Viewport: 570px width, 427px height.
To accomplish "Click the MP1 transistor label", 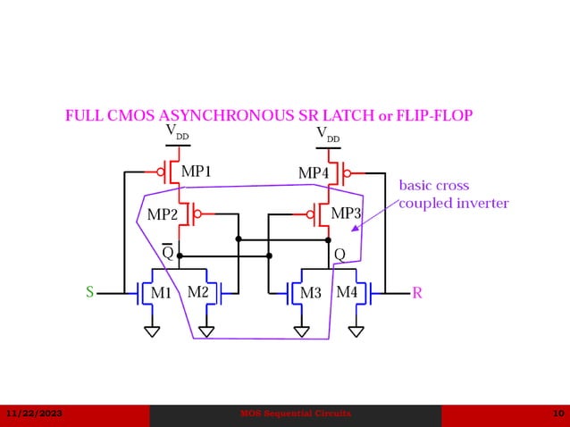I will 196,172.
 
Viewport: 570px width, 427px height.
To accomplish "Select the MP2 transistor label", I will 162,214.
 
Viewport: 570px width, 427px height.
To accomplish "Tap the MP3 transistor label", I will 346,214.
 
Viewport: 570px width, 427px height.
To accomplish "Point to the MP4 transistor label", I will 314,172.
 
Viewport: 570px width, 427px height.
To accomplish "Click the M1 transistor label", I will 161,293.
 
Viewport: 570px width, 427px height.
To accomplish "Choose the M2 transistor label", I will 197,292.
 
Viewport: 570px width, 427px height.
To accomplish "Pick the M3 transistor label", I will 310,293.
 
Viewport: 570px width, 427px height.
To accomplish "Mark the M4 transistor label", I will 347,292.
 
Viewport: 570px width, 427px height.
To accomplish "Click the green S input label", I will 89,292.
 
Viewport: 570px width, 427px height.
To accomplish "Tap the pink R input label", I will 417,292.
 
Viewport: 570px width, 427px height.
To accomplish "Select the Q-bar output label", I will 167,253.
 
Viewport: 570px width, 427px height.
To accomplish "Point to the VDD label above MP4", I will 328,134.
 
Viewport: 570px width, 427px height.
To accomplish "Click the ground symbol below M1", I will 152,331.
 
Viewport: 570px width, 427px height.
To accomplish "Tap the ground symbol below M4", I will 356,331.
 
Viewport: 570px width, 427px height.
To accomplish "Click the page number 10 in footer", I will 557,414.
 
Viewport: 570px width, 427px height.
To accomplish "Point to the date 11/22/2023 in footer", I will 34,414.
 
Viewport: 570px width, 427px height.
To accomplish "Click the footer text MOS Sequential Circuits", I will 296,414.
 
